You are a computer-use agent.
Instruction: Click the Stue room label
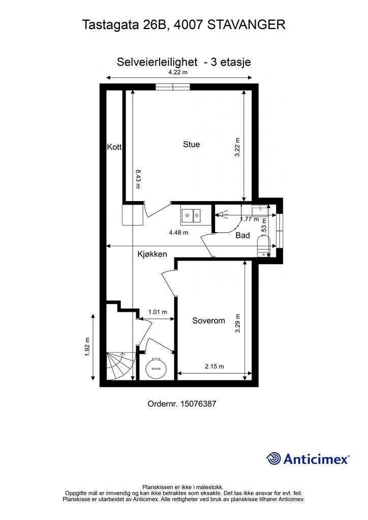192,144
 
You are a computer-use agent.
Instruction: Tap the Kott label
114,147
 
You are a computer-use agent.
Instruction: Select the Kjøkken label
152,254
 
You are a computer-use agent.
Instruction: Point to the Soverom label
208,320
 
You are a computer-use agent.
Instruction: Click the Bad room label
242,236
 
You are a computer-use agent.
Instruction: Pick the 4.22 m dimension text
178,72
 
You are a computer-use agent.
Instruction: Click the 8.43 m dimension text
138,179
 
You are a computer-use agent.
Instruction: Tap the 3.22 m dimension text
237,147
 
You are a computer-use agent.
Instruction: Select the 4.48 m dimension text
178,233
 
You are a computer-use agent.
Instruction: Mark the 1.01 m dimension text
158,312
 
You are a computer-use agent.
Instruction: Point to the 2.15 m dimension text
214,366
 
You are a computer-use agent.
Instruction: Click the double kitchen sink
191,216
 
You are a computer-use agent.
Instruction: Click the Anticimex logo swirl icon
273,458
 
